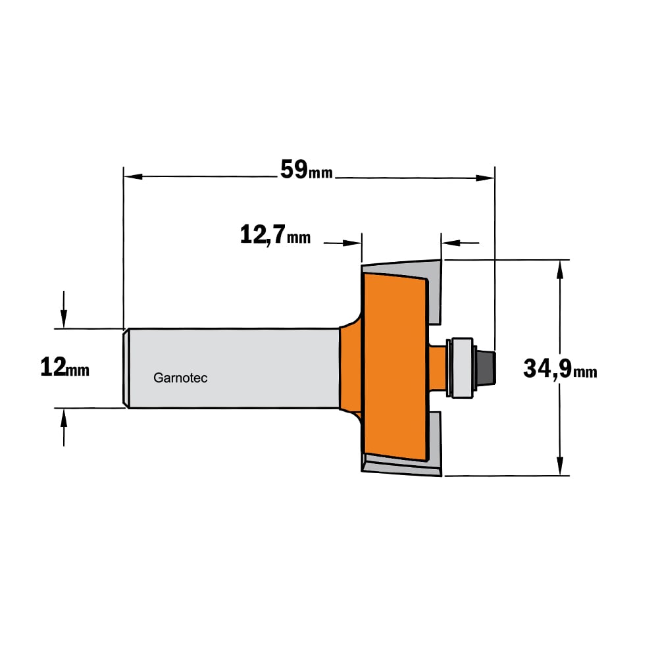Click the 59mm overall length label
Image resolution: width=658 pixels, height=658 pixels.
[306, 170]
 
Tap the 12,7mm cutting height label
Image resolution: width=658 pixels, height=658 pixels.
[275, 235]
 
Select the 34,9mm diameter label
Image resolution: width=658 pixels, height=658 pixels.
[560, 369]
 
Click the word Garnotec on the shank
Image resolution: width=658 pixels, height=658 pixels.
[180, 378]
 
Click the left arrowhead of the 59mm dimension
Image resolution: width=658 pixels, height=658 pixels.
[133, 176]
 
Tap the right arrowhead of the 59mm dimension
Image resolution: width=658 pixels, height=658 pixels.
[486, 178]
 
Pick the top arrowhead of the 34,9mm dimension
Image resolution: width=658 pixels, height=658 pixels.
[559, 269]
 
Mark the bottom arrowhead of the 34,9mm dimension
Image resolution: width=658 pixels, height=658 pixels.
[559, 467]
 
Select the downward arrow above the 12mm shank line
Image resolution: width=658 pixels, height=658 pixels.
[64, 310]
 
